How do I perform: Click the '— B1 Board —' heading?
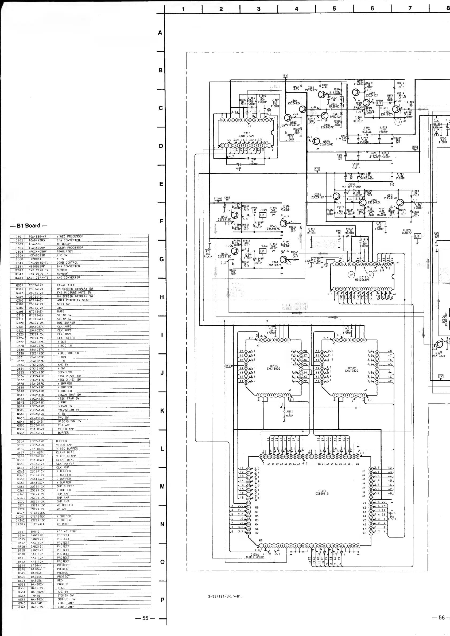pyautogui.click(x=29, y=225)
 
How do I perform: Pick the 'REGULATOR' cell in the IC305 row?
pyautogui.click(x=65, y=252)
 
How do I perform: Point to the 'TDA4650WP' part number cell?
pyautogui.click(x=37, y=248)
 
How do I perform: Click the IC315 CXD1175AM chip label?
pyautogui.click(x=246, y=135)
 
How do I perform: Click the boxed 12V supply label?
pyautogui.click(x=218, y=199)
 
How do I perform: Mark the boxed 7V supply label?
pyautogui.click(x=441, y=376)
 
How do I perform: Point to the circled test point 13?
pyautogui.click(x=398, y=122)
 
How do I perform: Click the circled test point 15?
pyautogui.click(x=351, y=275)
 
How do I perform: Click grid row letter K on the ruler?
pyautogui.click(x=162, y=411)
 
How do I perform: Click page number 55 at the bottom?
pyautogui.click(x=145, y=618)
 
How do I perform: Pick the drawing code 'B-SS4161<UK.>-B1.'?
pyautogui.click(x=226, y=596)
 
